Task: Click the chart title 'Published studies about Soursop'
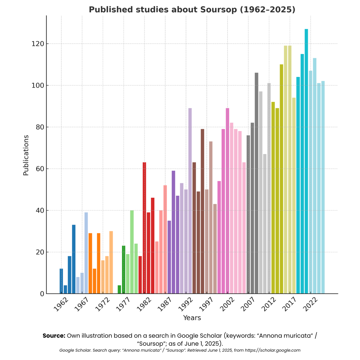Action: [192, 10]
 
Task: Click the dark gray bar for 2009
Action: [256, 183]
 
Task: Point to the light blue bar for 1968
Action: [86, 253]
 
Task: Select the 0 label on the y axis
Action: [42, 294]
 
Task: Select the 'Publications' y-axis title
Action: [26, 155]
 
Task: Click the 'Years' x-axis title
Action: [192, 318]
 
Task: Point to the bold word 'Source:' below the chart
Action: [54, 335]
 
